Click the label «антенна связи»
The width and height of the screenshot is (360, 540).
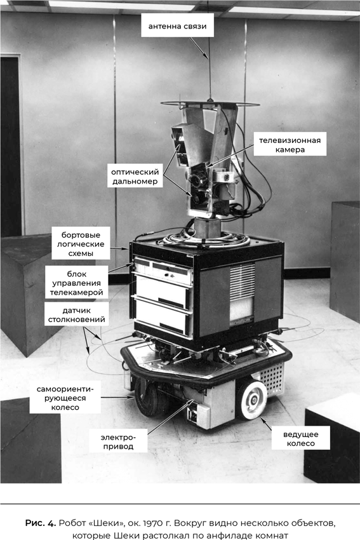pyautogui.click(x=177, y=26)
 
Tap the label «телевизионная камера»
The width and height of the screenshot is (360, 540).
pyautogui.click(x=290, y=145)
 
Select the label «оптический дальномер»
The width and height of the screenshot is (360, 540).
pyautogui.click(x=135, y=177)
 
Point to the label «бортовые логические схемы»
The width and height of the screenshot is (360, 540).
pyautogui.click(x=81, y=244)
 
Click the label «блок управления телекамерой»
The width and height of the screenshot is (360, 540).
pyautogui.click(x=76, y=283)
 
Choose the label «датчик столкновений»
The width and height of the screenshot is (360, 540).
pyautogui.click(x=76, y=314)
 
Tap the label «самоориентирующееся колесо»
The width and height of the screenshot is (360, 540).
pyautogui.click(x=65, y=398)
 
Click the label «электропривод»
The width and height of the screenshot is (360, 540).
pyautogui.click(x=118, y=442)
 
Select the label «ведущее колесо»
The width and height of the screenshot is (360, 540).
pyautogui.click(x=300, y=439)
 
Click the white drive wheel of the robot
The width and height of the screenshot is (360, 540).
pyautogui.click(x=252, y=400)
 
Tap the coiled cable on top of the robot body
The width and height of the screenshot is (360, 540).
pyautogui.click(x=206, y=239)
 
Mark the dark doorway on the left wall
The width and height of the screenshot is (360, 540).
pyautogui.click(x=11, y=146)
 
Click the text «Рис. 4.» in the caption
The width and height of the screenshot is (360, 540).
pyautogui.click(x=40, y=523)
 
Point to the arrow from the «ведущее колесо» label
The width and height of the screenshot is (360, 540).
pyautogui.click(x=265, y=424)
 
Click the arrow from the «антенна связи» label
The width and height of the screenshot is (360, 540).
pyautogui.click(x=199, y=48)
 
